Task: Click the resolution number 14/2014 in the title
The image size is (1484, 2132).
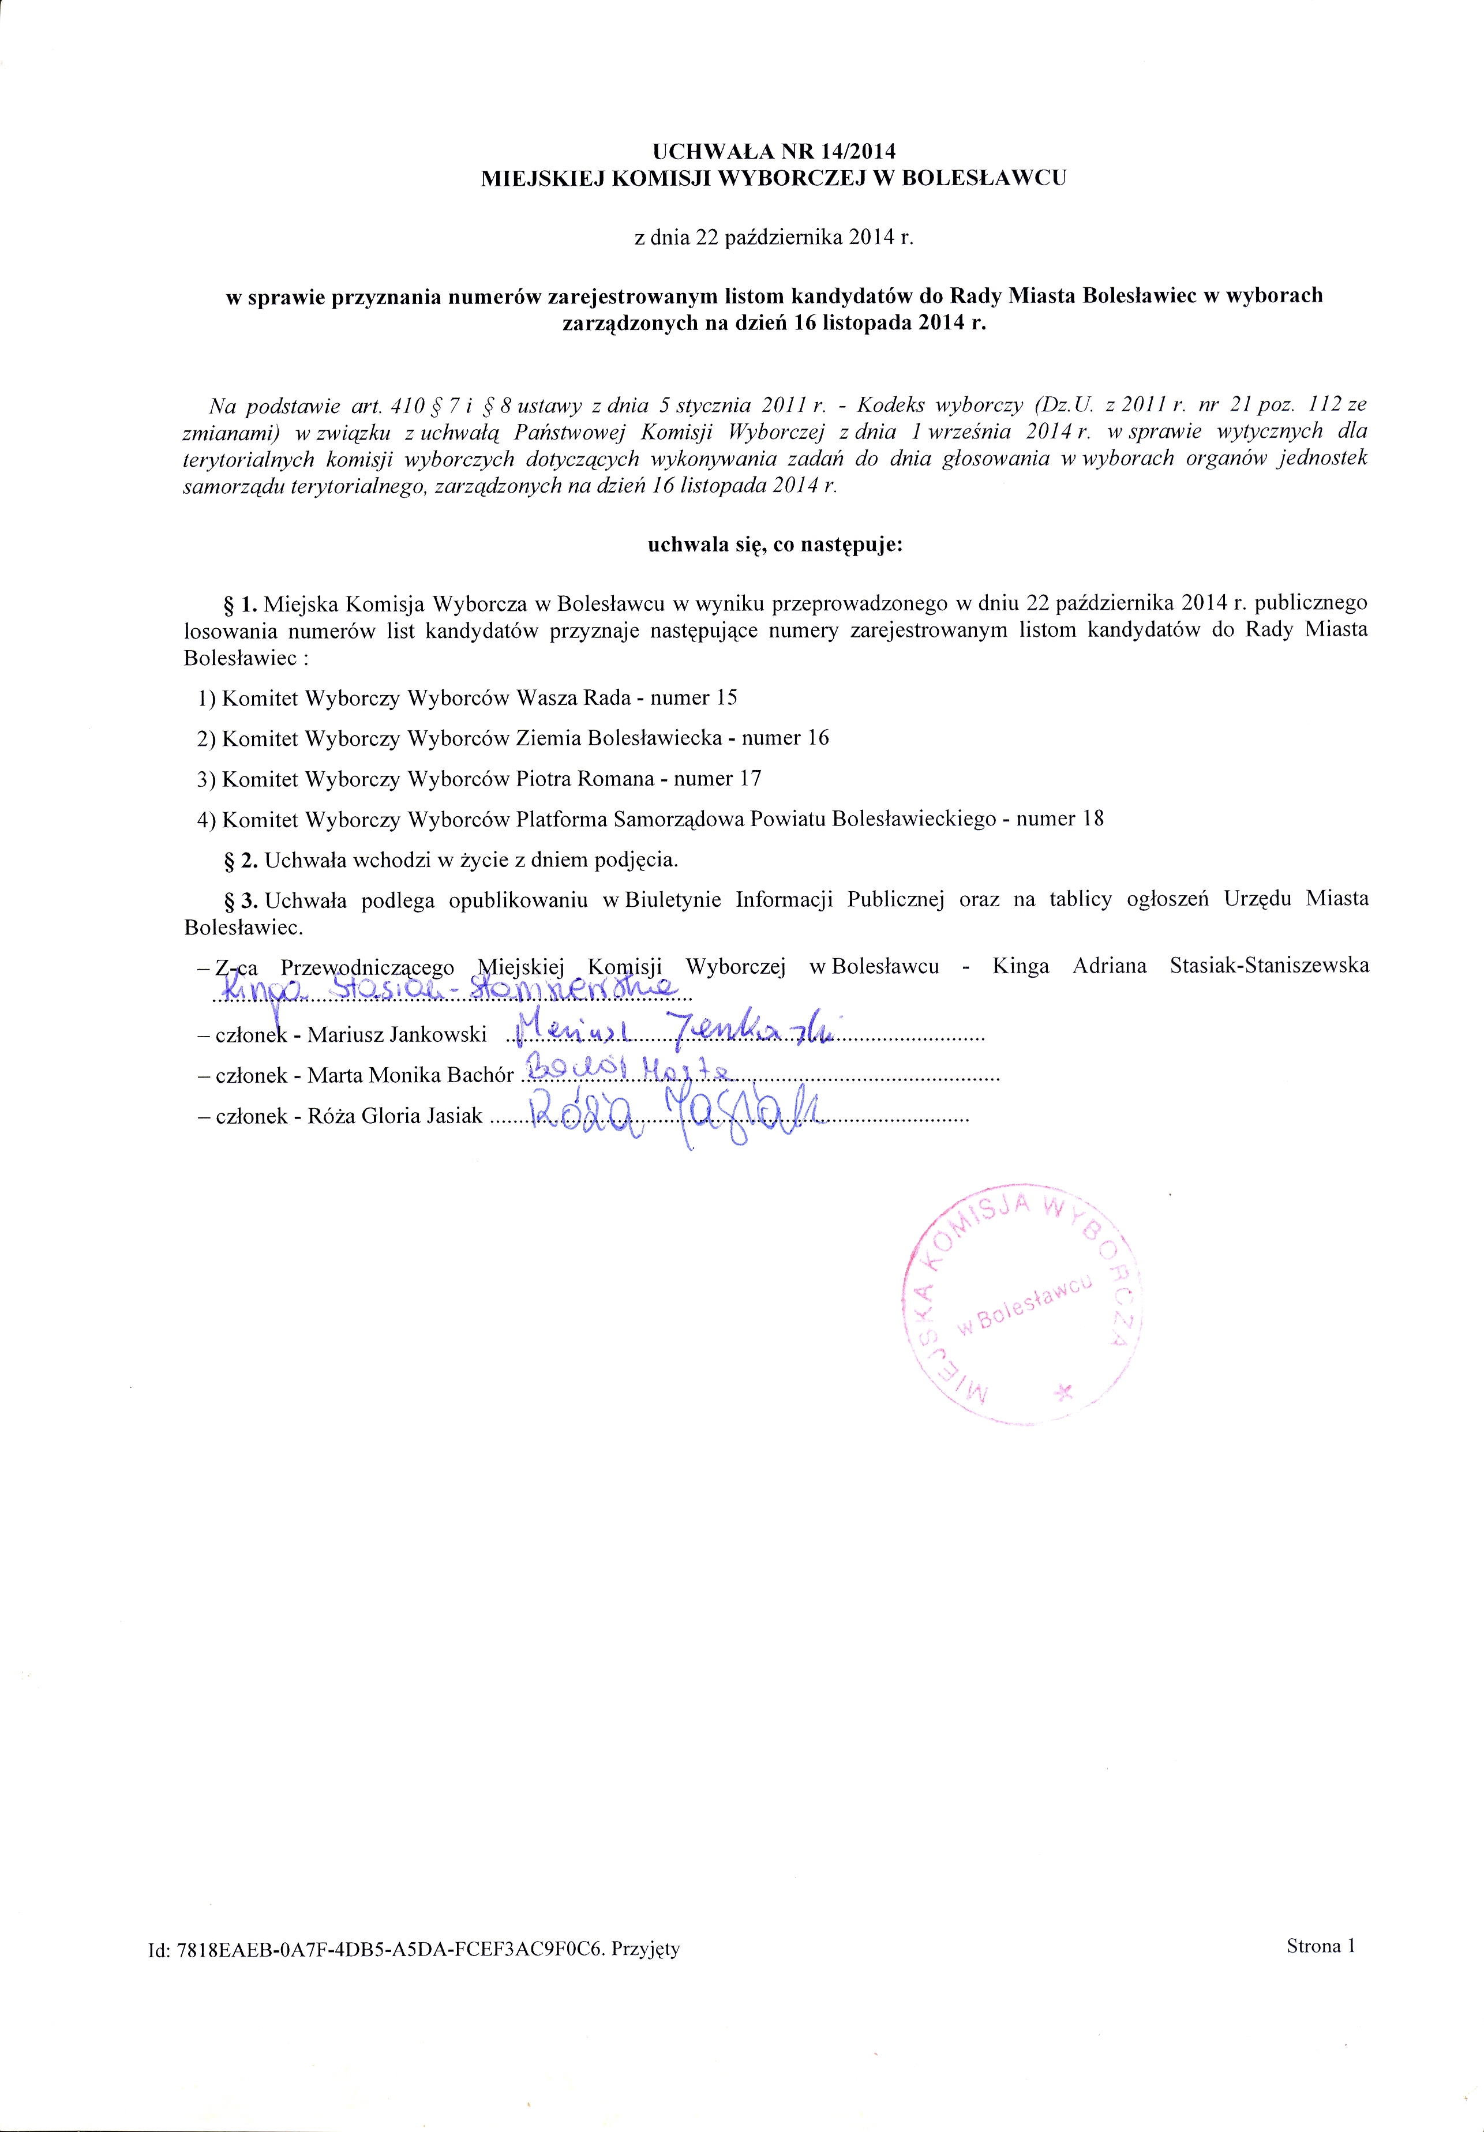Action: [x=853, y=151]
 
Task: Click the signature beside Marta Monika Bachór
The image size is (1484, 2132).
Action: [x=629, y=1072]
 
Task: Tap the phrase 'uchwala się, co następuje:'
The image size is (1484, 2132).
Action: [x=774, y=545]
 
